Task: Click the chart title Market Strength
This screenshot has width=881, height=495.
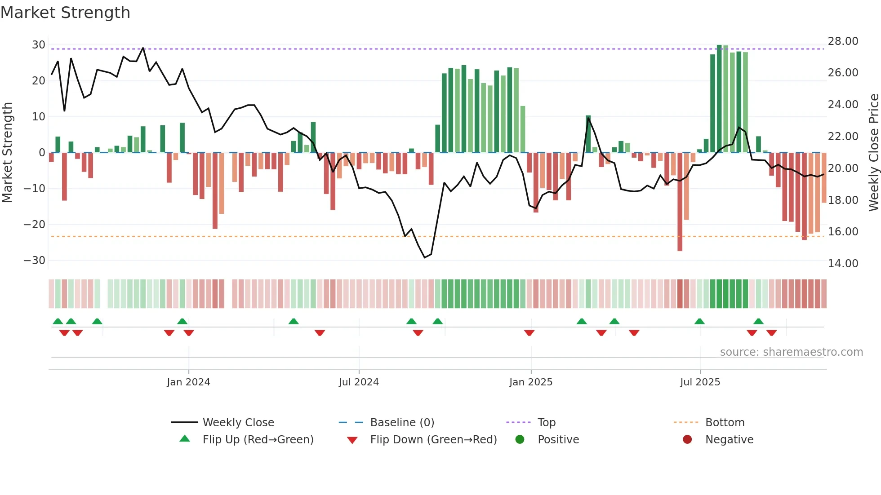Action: (x=65, y=13)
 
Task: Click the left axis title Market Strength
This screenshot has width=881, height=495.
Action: (x=7, y=152)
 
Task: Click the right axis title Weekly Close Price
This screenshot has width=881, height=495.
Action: (x=873, y=152)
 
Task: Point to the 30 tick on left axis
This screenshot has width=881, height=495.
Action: (x=38, y=45)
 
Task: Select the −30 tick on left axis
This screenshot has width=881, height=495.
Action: (x=35, y=261)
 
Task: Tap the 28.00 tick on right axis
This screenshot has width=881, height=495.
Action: (x=843, y=41)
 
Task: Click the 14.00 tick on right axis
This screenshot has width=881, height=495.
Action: (x=843, y=264)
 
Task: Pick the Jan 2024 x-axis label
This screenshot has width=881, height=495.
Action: (x=188, y=382)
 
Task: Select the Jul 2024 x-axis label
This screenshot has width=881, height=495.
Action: (x=359, y=382)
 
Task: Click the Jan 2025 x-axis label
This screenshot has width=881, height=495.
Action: (x=531, y=382)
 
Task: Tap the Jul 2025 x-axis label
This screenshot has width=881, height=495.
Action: (x=700, y=382)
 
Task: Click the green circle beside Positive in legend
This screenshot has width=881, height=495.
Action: (x=520, y=440)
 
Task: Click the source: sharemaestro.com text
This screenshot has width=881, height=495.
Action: (x=791, y=352)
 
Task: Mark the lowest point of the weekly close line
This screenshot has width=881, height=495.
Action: (x=425, y=257)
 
